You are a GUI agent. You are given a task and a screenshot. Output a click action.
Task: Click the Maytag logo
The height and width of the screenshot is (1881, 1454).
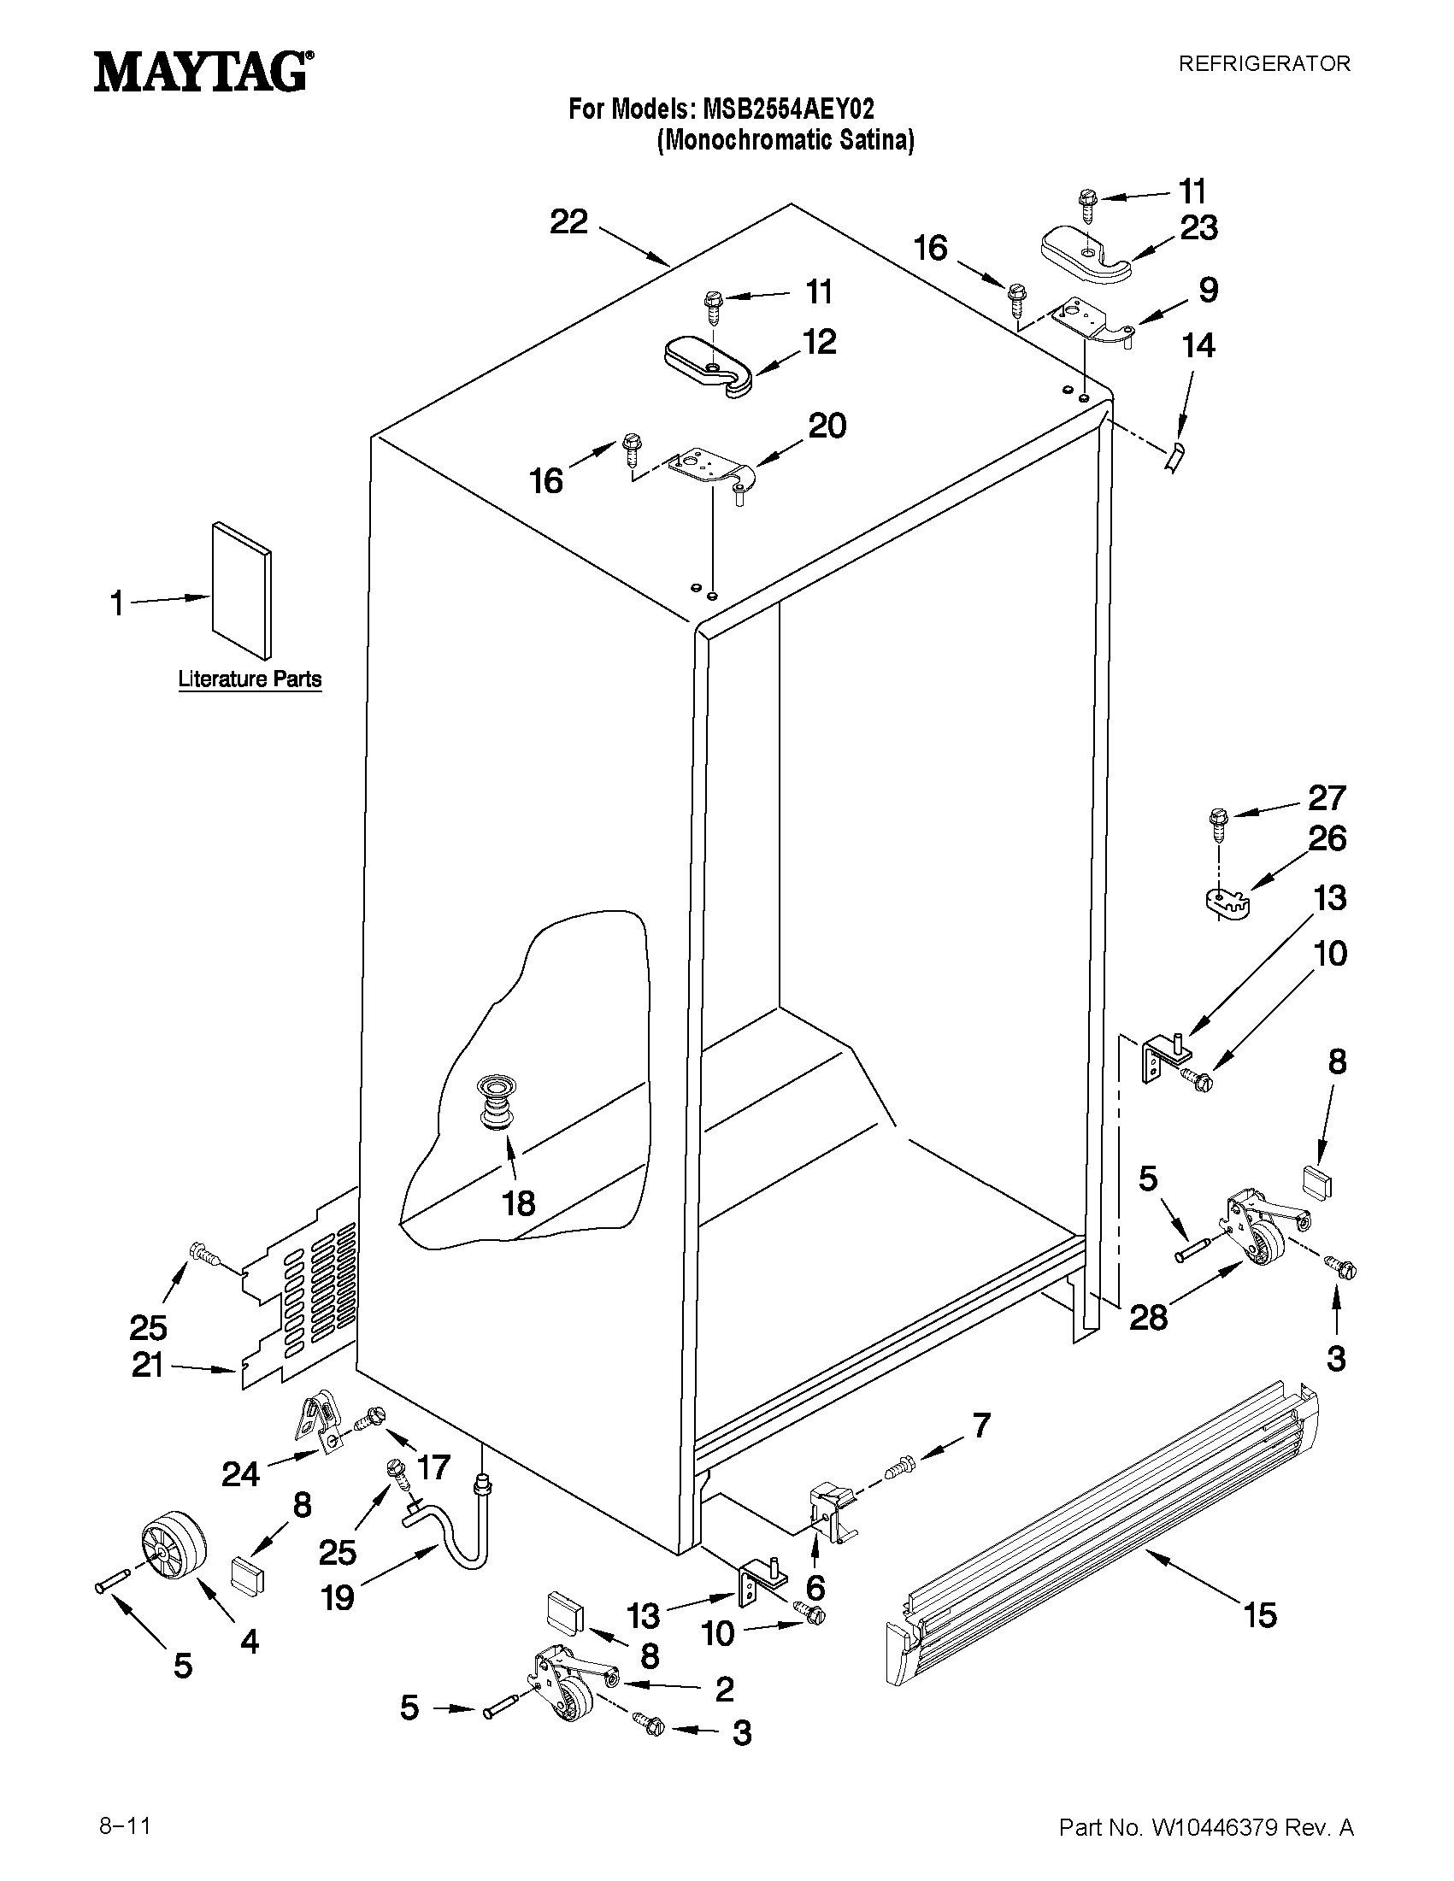tap(203, 72)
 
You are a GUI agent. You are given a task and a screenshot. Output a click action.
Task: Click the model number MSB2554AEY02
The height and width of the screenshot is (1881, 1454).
tap(788, 109)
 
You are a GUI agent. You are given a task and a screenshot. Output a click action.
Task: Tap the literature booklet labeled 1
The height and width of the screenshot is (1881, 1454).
tap(241, 591)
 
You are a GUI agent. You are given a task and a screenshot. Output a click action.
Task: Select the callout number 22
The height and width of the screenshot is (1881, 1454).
tap(568, 222)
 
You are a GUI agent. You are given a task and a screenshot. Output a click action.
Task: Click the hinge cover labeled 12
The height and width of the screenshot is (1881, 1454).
tap(708, 366)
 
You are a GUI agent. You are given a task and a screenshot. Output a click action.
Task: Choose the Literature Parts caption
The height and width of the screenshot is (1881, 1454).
tap(250, 679)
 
